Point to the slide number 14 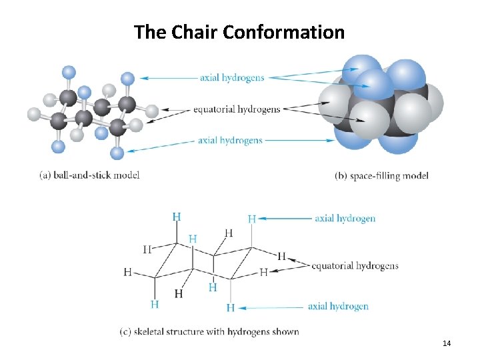click(447, 343)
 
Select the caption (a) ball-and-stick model click(89, 175)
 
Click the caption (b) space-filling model click(381, 176)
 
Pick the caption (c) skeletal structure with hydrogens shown click(209, 331)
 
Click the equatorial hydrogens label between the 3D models click(237, 109)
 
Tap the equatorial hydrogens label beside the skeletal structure click(355, 266)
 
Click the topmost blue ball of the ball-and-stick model click(69, 71)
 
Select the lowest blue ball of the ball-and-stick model click(117, 153)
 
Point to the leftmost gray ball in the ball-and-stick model click(34, 114)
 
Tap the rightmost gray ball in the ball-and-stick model click(152, 111)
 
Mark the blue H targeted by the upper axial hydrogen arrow click(251, 219)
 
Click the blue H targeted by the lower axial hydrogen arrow click(230, 307)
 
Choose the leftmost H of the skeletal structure click(127, 272)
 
